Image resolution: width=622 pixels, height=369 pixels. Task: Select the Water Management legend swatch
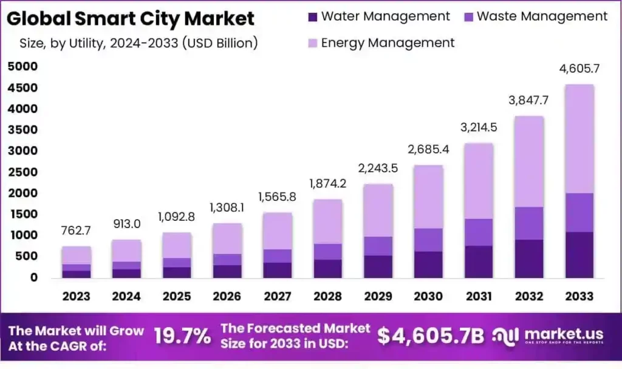click(313, 17)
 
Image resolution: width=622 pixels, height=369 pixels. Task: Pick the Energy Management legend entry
click(388, 42)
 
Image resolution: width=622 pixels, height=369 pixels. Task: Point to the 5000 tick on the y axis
click(22, 67)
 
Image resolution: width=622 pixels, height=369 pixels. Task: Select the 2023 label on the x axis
click(76, 296)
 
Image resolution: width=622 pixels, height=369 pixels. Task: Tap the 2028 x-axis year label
click(328, 296)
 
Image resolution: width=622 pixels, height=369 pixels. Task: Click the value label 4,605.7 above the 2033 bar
click(579, 69)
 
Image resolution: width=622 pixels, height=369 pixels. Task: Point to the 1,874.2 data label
click(328, 183)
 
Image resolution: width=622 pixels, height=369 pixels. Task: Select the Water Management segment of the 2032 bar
click(529, 259)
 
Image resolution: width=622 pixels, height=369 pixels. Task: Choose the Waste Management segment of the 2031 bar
click(479, 232)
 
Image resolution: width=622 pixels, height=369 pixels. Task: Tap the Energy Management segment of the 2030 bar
click(428, 197)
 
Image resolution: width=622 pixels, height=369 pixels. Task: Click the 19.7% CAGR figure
click(182, 336)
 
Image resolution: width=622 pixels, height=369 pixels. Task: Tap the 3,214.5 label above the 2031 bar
click(479, 127)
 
